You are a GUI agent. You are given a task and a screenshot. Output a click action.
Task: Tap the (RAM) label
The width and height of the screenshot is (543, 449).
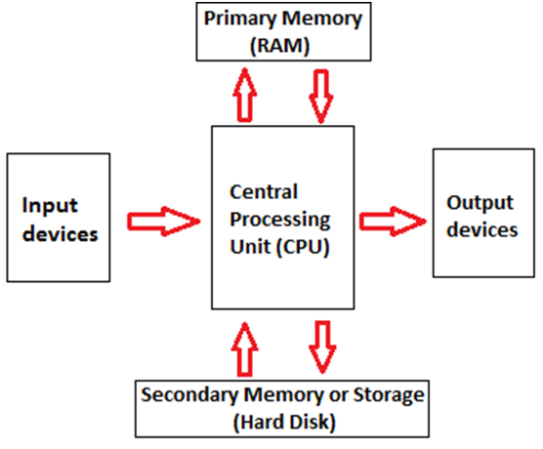(x=279, y=46)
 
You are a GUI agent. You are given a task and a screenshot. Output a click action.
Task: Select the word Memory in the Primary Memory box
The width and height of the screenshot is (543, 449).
(x=321, y=20)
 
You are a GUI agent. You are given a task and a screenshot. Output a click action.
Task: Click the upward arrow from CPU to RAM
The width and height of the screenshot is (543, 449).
(x=245, y=95)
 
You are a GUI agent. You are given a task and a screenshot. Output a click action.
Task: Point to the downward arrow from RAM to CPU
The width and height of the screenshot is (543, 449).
(x=321, y=97)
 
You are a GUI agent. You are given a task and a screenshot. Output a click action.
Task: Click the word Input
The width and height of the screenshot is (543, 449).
(x=50, y=206)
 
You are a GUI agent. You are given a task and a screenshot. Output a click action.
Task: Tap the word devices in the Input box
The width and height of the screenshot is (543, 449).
(x=61, y=233)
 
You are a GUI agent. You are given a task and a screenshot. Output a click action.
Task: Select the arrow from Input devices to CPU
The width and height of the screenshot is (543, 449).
(x=164, y=222)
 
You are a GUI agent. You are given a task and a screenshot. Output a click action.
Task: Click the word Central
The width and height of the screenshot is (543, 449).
(x=264, y=191)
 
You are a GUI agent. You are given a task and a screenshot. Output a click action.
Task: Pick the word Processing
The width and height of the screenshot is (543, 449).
(x=280, y=221)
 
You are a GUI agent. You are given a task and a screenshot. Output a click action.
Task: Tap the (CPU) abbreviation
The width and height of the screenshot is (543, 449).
(x=303, y=247)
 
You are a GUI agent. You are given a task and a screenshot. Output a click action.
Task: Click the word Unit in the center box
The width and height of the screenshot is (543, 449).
(x=250, y=247)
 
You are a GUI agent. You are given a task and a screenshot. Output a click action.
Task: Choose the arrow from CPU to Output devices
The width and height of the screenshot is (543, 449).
(x=393, y=222)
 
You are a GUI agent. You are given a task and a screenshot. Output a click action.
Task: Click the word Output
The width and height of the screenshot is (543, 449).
(x=480, y=203)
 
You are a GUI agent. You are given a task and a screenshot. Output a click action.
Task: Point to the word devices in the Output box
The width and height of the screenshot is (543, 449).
(x=482, y=229)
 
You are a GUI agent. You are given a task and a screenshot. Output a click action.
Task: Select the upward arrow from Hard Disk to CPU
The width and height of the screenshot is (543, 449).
(x=245, y=349)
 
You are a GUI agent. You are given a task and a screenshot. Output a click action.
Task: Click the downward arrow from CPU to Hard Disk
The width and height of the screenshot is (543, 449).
(x=322, y=347)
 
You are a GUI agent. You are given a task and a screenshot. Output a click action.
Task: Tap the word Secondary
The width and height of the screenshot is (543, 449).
(x=189, y=395)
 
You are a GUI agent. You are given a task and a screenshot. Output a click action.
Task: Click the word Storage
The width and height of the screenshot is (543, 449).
(x=389, y=395)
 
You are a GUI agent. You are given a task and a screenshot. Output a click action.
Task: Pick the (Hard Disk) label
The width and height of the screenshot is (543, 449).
(x=284, y=423)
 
